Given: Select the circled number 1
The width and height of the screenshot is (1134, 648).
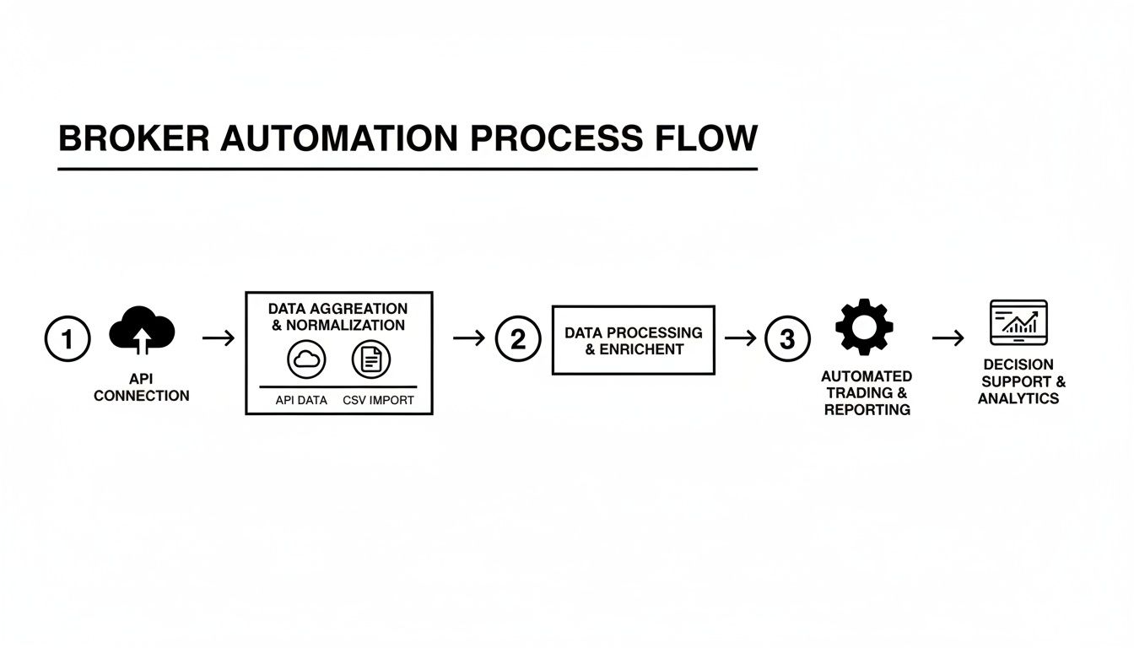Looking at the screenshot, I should [67, 339].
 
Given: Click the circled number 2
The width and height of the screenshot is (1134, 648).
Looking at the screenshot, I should [517, 339].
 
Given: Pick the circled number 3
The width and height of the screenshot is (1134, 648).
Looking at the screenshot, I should [787, 339].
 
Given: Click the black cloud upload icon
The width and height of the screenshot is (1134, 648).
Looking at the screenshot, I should [142, 330].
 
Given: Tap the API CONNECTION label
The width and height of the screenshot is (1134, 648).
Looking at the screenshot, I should [142, 387].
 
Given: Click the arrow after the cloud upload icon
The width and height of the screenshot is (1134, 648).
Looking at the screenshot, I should [219, 338].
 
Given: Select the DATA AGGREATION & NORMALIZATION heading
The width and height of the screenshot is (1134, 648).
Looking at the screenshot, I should [338, 316].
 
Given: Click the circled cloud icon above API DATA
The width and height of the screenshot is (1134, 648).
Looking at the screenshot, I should [306, 360].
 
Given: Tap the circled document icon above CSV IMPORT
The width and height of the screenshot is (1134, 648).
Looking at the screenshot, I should [371, 360].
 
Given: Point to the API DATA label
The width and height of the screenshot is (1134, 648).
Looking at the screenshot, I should [301, 400].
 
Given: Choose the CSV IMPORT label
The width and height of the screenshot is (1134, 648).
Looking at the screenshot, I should [378, 400].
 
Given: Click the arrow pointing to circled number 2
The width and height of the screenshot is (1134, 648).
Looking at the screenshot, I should [469, 338].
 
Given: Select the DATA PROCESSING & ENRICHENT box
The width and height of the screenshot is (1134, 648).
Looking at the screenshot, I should [633, 340].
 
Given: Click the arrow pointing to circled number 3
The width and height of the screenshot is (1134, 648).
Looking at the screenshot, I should [741, 338].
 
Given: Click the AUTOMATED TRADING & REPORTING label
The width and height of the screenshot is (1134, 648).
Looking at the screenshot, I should [867, 393].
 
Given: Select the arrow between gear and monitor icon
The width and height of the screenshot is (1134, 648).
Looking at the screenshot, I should [948, 338].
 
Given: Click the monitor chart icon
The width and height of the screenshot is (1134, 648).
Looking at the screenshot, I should [1018, 321].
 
